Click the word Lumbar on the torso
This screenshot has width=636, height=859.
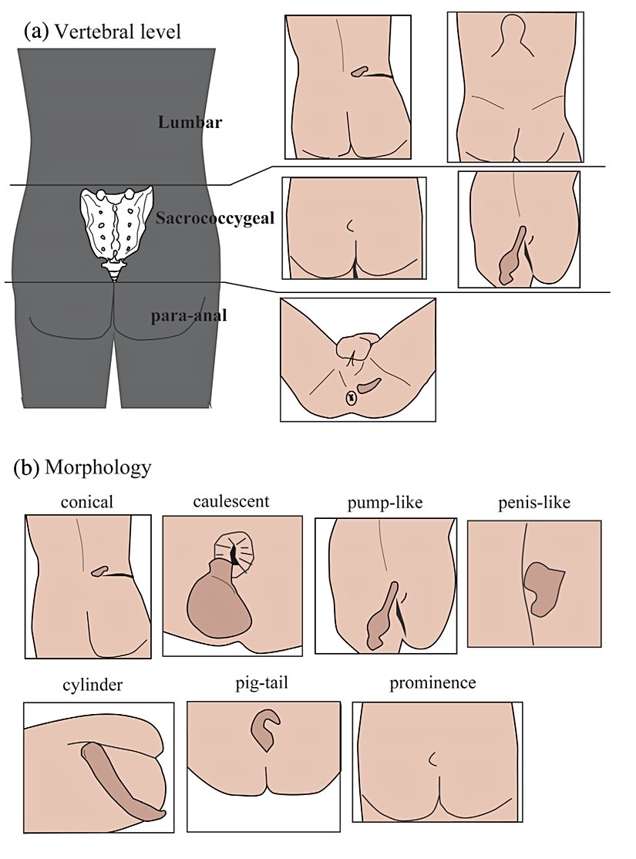tap(190, 123)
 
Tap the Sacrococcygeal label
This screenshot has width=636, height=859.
tap(215, 217)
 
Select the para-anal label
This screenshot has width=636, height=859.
tap(190, 315)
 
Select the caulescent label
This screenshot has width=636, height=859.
tap(231, 501)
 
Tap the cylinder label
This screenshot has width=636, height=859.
tap(95, 686)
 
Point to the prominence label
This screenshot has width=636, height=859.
tap(432, 683)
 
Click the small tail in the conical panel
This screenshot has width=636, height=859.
tap(99, 571)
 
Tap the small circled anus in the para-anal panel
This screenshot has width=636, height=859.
tap(351, 398)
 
